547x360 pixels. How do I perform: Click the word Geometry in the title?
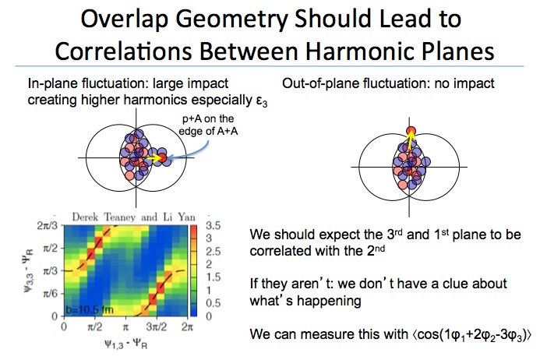point(232,20)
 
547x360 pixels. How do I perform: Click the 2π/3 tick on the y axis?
point(47,226)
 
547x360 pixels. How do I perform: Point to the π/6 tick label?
point(50,294)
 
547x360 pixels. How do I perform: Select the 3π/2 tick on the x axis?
point(156,326)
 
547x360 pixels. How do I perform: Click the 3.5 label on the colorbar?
point(214,226)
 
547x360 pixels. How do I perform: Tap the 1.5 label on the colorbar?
point(214,277)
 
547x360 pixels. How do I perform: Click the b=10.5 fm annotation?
point(90,309)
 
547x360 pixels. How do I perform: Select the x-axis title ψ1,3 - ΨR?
point(126,344)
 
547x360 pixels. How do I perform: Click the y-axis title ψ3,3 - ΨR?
point(28,270)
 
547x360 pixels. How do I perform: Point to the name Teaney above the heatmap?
point(120,217)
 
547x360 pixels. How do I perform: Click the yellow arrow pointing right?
point(154,158)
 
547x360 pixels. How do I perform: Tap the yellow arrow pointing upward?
point(411,140)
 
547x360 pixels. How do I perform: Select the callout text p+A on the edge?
point(208,125)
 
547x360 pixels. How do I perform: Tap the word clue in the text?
point(457,284)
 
